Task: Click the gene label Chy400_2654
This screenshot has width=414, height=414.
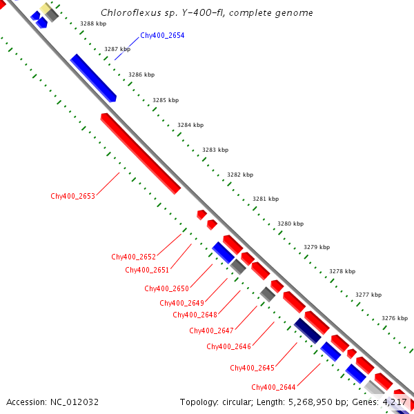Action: coord(162,35)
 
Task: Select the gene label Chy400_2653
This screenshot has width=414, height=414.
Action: coord(72,196)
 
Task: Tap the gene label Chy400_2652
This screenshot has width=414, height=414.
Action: coord(133,257)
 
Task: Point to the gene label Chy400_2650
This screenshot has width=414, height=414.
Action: coord(166,288)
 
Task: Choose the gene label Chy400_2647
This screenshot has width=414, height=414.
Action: coord(211,331)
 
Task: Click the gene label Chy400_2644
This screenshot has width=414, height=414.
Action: coord(273,387)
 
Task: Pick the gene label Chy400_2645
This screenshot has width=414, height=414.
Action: coord(252,368)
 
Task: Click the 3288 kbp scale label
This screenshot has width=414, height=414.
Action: coord(93,23)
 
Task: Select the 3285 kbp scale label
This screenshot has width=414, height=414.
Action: coord(166,100)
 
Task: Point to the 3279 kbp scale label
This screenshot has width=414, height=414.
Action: coord(317,247)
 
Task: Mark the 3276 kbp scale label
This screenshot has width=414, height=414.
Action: coord(395,318)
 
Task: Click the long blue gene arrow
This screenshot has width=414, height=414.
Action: coord(93,77)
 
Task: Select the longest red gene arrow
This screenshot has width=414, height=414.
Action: coord(140,152)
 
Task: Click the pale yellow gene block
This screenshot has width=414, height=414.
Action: coord(46,9)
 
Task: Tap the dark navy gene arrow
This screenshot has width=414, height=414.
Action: coord(306,331)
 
